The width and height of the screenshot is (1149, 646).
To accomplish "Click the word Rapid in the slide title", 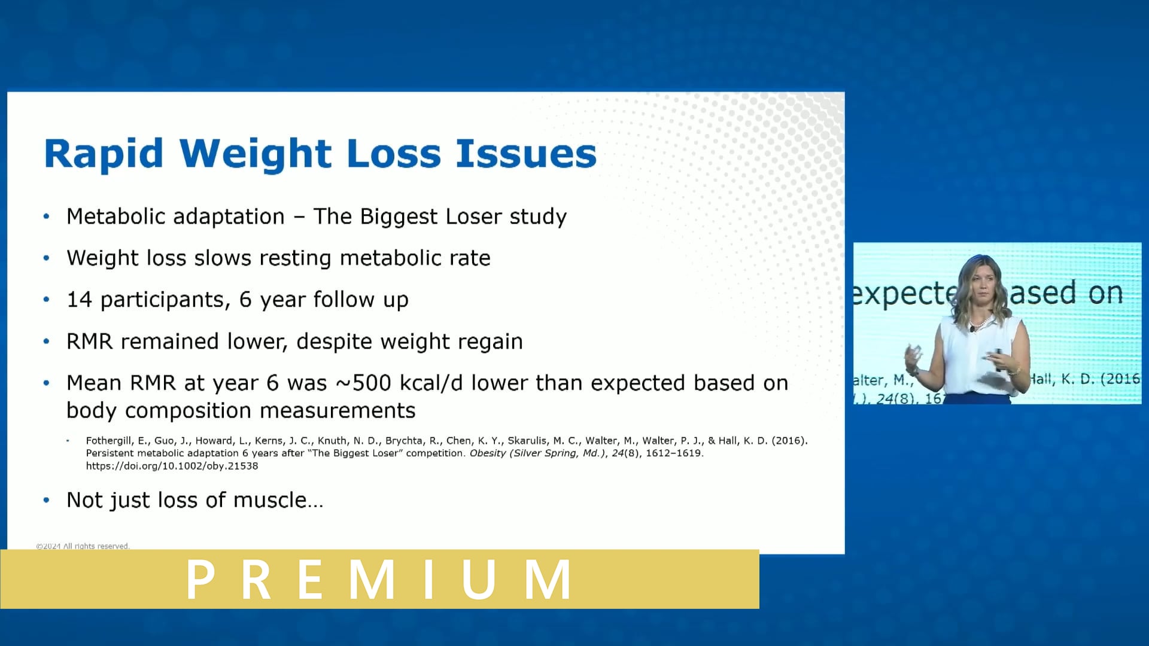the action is pos(104,154).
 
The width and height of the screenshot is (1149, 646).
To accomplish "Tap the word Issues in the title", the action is pos(526,153).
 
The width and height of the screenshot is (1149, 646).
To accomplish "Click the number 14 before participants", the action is pos(79,300).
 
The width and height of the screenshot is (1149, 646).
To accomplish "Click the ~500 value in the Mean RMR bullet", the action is pos(363,383).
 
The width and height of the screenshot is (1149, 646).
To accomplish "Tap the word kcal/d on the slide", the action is pos(431,383).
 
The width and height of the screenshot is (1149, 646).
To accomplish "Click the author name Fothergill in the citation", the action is pos(108,441).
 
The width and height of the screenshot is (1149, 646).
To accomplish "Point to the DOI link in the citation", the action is pos(172,466).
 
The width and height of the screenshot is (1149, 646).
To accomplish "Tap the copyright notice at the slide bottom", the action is pos(83,546).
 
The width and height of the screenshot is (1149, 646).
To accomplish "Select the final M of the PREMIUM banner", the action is pos(547,579).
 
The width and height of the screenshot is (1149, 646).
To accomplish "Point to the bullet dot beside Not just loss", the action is pos(47,500).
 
